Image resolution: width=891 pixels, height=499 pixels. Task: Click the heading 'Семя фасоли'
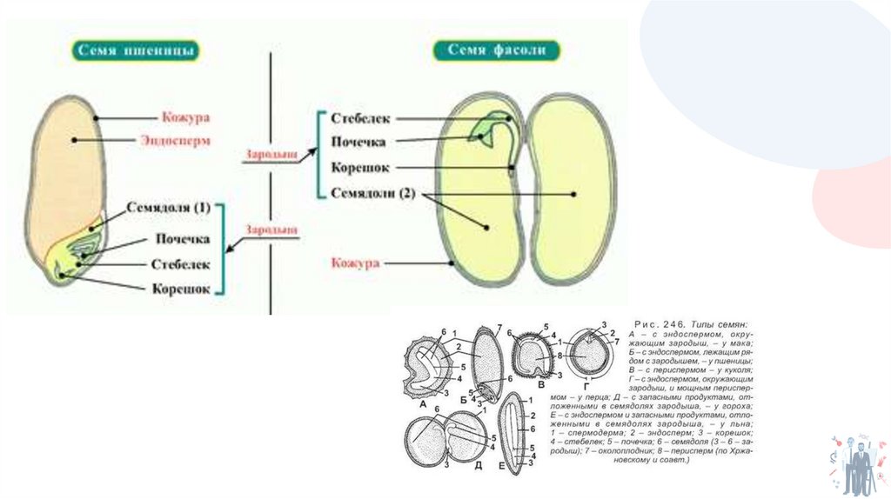coord(496,50)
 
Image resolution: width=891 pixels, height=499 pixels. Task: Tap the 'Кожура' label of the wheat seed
coord(185,116)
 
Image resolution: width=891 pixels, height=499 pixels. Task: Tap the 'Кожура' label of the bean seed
coord(356,262)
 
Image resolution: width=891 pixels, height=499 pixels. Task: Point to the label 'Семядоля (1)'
coord(169,209)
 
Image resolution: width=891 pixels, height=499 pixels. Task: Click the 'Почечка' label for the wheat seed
coord(183,238)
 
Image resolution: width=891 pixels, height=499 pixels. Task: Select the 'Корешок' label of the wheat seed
coord(181,289)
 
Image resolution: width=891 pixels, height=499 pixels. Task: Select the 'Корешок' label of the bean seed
coord(359,168)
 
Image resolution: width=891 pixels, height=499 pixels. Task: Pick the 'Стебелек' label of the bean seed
coord(360,117)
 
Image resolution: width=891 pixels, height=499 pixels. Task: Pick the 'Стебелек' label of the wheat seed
coord(181,263)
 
